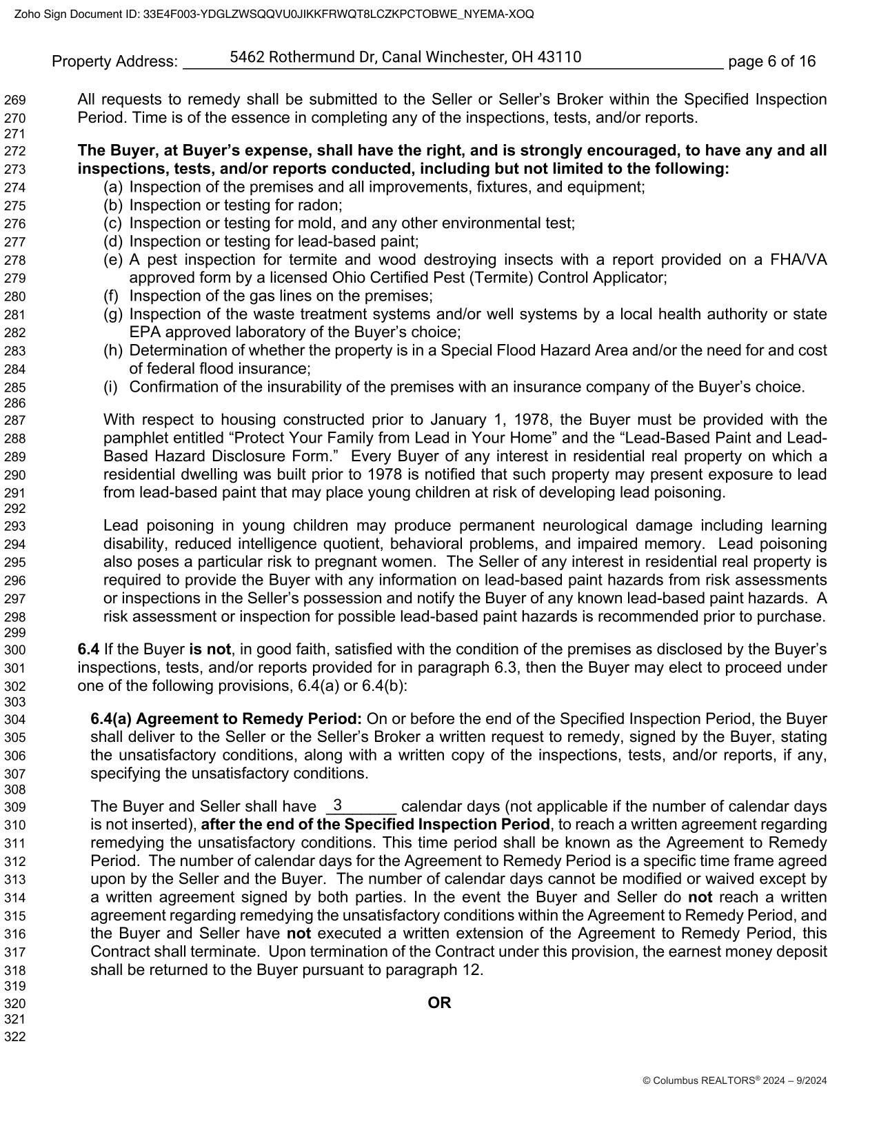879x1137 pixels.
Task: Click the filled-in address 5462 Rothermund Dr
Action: pyautogui.click(x=405, y=57)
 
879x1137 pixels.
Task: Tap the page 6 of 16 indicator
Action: pyautogui.click(x=771, y=62)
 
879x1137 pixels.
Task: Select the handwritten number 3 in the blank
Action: pyautogui.click(x=338, y=805)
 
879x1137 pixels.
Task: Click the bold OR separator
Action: pyautogui.click(x=439, y=1003)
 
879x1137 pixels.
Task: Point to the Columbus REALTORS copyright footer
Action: pyautogui.click(x=734, y=1081)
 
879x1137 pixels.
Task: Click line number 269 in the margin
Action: pyautogui.click(x=14, y=101)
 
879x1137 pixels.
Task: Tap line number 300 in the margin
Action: pyautogui.click(x=14, y=650)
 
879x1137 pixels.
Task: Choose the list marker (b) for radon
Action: pyautogui.click(x=113, y=205)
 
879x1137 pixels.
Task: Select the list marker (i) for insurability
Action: pyautogui.click(x=111, y=388)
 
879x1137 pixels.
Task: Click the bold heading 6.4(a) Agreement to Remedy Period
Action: pyautogui.click(x=226, y=719)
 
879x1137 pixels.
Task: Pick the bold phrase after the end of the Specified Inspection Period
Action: pyautogui.click(x=376, y=825)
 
